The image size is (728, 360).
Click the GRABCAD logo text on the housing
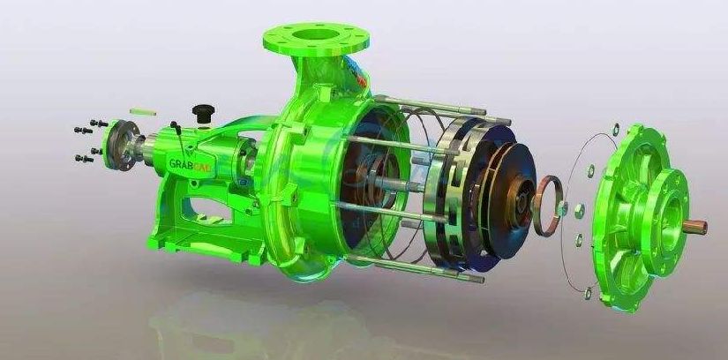point(190,164)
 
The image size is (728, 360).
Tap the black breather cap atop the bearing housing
point(203,112)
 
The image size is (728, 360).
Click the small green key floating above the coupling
point(143,112)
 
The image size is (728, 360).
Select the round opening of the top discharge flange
point(316,34)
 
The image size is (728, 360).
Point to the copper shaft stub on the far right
point(694,227)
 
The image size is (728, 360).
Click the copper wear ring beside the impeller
point(547,206)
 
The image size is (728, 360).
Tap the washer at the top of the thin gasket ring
point(616,130)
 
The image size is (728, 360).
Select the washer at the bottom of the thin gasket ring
point(588,293)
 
